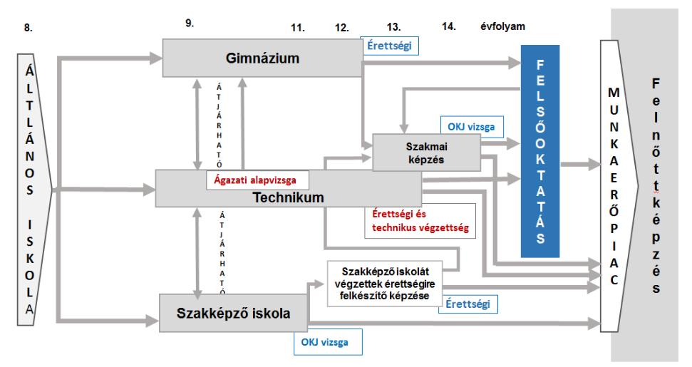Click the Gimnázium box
coord(262,58)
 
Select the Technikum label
coord(288,197)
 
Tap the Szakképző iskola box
coord(234,313)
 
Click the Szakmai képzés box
coord(426,153)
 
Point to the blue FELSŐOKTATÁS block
coord(540,151)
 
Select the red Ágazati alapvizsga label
coord(255,180)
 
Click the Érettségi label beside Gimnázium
coord(389,46)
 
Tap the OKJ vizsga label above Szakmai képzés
coord(471,127)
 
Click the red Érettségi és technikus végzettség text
coord(420,221)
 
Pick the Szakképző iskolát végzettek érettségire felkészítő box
coord(384,284)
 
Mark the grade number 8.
coord(29,28)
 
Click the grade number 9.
coord(190,24)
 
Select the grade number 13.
coord(393,27)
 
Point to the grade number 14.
coord(449,26)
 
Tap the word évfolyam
coord(502,26)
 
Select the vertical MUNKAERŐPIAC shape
coord(616,186)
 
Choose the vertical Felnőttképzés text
coord(656,186)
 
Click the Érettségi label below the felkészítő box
coord(468,304)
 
